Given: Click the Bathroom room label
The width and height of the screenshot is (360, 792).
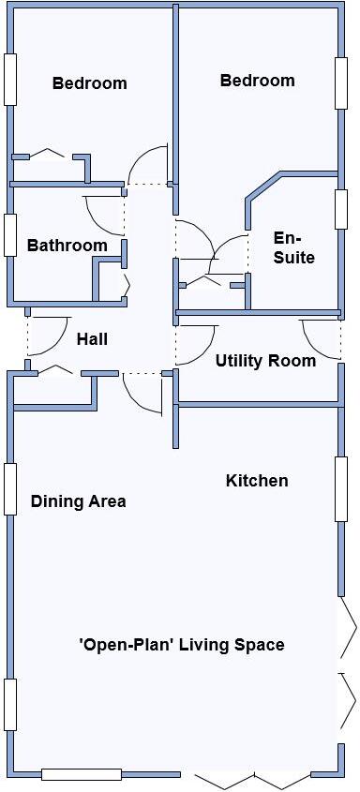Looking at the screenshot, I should [x=67, y=246].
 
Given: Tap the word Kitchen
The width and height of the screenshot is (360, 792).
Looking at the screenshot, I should [x=257, y=481].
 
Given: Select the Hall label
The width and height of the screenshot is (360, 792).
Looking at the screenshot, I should [x=92, y=339].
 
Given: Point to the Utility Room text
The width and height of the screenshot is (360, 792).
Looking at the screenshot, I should [x=265, y=361].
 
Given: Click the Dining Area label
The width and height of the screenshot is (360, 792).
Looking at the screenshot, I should [x=78, y=501].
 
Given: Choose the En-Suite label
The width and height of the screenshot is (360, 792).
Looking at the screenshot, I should [x=293, y=247].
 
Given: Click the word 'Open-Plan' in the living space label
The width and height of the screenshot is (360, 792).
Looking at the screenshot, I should [x=127, y=645].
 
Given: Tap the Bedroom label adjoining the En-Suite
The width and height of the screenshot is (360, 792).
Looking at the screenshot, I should [x=257, y=81].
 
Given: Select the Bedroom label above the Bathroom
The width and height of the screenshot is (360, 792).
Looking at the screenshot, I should [x=89, y=83].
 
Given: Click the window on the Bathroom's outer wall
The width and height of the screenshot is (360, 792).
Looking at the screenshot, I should [x=10, y=235].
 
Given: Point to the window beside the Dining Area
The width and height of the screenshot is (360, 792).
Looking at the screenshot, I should [x=10, y=488].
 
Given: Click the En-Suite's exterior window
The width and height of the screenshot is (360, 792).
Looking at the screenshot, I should [x=341, y=209].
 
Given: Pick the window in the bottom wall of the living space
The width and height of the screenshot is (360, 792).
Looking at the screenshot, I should [x=82, y=774].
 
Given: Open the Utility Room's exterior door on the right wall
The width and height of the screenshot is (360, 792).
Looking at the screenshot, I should [x=320, y=333].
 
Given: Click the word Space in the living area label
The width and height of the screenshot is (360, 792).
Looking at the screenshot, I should [x=262, y=645].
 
